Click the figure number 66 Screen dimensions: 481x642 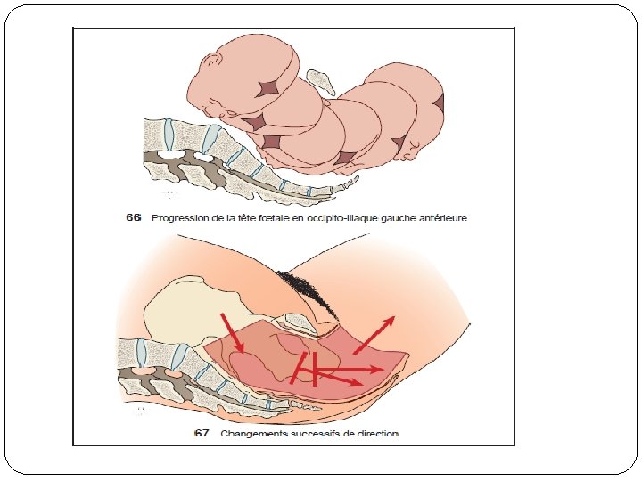(134, 217)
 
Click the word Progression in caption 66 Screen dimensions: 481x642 (182, 217)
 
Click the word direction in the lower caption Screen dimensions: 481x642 (377, 434)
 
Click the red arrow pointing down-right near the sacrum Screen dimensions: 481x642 (232, 333)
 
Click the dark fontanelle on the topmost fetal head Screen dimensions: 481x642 (269, 87)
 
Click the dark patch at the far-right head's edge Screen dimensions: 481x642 (440, 103)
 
